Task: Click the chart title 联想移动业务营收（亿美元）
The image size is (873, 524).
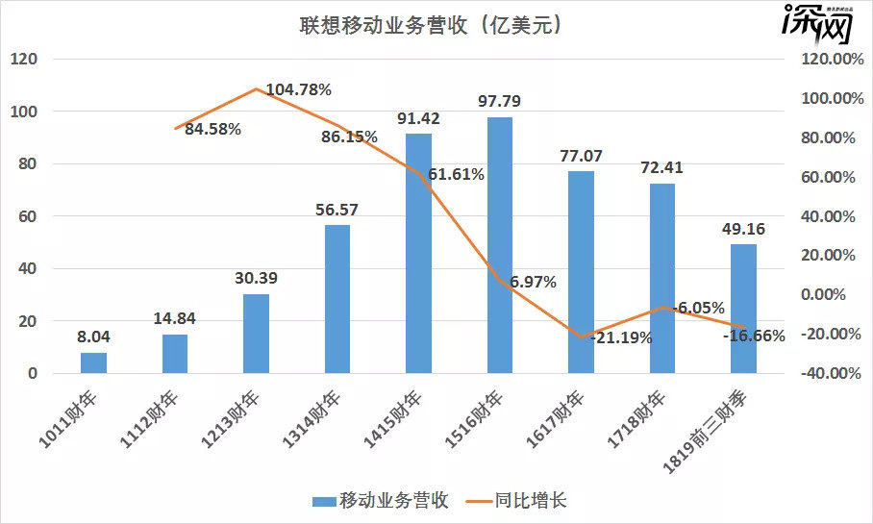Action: coord(429,25)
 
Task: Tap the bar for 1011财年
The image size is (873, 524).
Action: coord(93,362)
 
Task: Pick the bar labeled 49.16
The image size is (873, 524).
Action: coord(743,308)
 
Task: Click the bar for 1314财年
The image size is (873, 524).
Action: coord(337,298)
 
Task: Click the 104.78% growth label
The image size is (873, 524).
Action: coord(298,90)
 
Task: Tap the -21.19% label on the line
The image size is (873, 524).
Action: coord(621,337)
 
